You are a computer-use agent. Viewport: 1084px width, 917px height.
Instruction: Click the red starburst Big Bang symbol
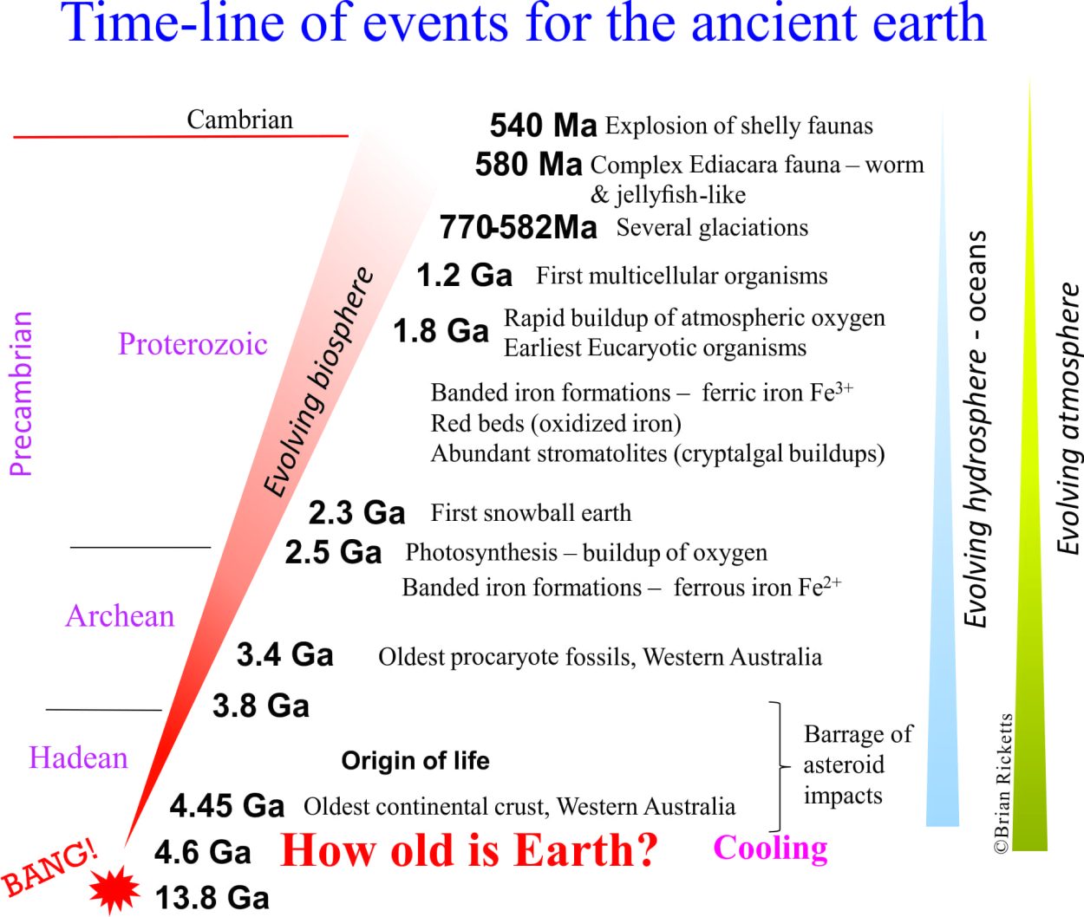point(114,890)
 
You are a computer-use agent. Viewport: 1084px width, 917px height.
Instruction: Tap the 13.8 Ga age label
point(212,897)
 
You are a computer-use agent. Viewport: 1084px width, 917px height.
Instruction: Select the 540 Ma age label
point(543,126)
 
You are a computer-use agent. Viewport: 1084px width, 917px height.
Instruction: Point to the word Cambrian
point(239,119)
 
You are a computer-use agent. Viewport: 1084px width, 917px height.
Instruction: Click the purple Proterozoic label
point(193,344)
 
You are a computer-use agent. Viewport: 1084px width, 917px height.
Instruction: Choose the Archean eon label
point(120,615)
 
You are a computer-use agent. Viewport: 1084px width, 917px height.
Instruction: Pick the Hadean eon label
point(78,758)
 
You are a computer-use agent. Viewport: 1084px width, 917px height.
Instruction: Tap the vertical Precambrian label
point(21,393)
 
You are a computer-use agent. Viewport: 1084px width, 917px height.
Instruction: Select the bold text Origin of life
point(415,760)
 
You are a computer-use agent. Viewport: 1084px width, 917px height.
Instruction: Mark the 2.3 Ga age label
point(356,512)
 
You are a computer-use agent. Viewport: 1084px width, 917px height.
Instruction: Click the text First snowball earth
point(531,512)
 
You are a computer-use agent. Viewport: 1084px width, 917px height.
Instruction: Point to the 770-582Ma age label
point(518,228)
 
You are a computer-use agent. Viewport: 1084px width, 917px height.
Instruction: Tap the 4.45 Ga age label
point(227,805)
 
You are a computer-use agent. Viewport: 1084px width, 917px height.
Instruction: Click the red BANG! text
point(49,867)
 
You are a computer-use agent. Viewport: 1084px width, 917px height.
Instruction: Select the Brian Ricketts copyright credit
point(1002,784)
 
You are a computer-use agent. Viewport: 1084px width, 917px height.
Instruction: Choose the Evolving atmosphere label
point(1068,419)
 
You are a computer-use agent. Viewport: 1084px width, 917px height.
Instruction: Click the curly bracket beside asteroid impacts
point(779,766)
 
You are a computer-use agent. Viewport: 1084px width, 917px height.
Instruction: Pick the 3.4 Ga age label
point(284,655)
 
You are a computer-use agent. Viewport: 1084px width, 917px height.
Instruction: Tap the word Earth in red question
point(585,849)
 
